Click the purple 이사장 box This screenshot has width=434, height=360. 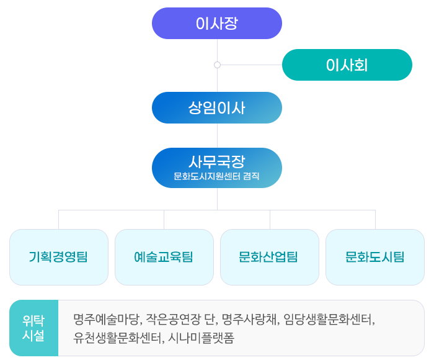pyautogui.click(x=217, y=24)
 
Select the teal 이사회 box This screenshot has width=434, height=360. pyautogui.click(x=347, y=65)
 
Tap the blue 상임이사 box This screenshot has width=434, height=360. pyautogui.click(x=217, y=107)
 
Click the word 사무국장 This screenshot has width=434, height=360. pyautogui.click(x=217, y=161)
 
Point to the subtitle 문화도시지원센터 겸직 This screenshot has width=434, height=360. pyautogui.click(x=216, y=176)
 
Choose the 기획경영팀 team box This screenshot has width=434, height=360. pyautogui.click(x=59, y=257)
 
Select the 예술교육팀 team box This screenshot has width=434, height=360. pyautogui.click(x=164, y=257)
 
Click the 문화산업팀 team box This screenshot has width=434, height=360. pyautogui.click(x=270, y=257)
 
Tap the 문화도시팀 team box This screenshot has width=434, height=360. pyautogui.click(x=375, y=257)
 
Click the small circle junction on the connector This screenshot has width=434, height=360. pyautogui.click(x=217, y=65)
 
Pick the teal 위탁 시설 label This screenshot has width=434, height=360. pyautogui.click(x=33, y=328)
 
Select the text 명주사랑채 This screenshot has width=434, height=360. pyautogui.click(x=250, y=320)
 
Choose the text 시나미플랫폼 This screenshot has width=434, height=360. pyautogui.click(x=201, y=338)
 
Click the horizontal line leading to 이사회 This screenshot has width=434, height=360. pyautogui.click(x=251, y=65)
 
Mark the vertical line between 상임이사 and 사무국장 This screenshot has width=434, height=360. pyautogui.click(x=217, y=135)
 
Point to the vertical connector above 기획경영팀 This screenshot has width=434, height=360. pyautogui.click(x=59, y=220)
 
